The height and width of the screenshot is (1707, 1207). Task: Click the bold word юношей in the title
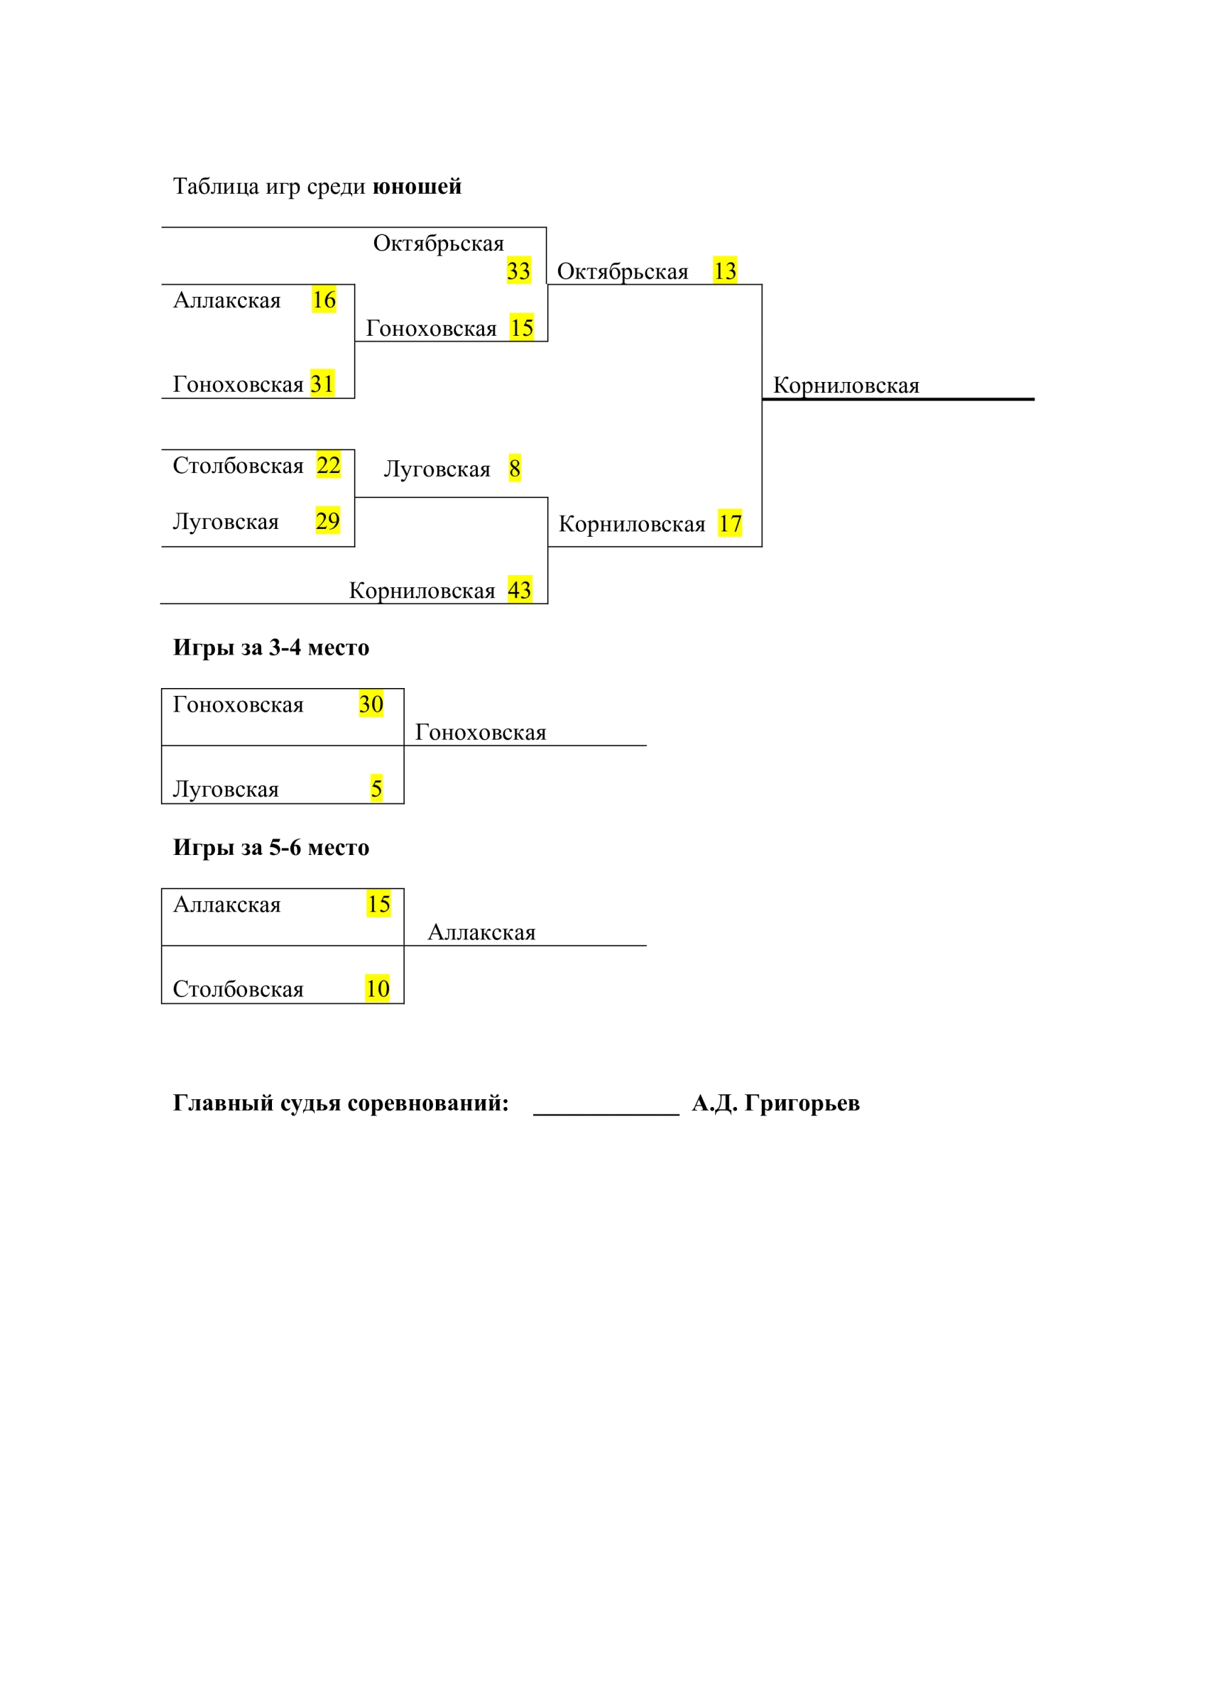tap(417, 187)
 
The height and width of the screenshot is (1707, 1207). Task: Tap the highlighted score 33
tap(519, 271)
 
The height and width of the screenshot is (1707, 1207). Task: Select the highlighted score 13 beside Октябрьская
tap(725, 271)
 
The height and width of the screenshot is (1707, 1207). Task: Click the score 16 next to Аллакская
tap(324, 300)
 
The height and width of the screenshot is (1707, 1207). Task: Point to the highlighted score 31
tap(322, 383)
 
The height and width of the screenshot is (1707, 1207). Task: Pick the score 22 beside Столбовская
tap(329, 465)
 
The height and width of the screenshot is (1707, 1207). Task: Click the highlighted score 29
tap(328, 520)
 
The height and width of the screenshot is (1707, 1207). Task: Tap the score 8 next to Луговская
tap(514, 469)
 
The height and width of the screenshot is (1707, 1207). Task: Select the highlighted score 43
tap(520, 589)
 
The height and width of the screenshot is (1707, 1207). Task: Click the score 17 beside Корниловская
tap(730, 523)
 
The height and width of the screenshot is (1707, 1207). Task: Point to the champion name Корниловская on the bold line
tap(846, 385)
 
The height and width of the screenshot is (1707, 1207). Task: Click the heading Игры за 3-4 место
tap(271, 648)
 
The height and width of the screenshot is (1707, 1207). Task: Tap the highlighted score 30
tap(371, 704)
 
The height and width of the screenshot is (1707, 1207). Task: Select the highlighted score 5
tap(377, 788)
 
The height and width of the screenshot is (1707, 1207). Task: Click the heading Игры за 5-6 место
tap(271, 848)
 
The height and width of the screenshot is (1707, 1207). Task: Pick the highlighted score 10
tap(378, 988)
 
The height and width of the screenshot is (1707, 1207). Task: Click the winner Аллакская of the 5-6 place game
tap(481, 932)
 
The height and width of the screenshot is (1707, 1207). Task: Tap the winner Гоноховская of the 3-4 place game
tap(481, 732)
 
